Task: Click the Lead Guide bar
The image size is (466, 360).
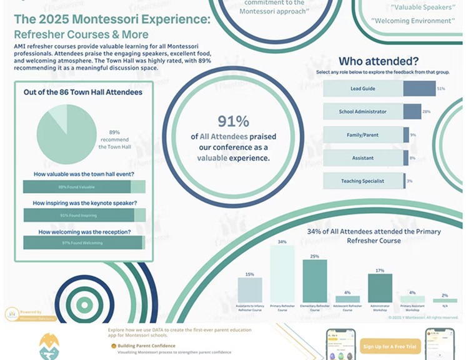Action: pyautogui.click(x=379, y=89)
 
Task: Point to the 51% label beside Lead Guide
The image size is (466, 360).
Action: pyautogui.click(x=441, y=89)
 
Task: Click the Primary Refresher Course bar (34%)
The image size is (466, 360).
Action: pyautogui.click(x=282, y=274)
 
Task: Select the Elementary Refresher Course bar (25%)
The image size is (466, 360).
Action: pyautogui.click(x=315, y=281)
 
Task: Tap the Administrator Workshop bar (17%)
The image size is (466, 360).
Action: pyautogui.click(x=380, y=288)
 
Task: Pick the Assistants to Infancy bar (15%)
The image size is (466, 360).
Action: pyautogui.click(x=250, y=290)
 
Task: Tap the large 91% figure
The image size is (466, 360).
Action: pyautogui.click(x=234, y=121)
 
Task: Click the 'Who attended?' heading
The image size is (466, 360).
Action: pyautogui.click(x=379, y=61)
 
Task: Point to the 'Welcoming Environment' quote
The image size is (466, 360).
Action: pyautogui.click(x=412, y=21)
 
